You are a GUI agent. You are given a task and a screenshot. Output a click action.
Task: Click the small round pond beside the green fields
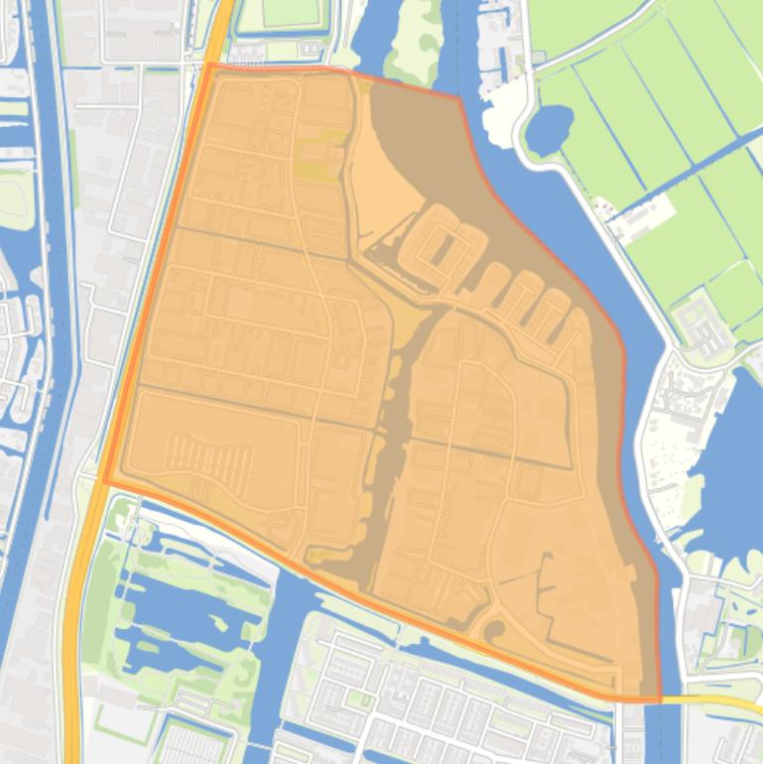point(549,129)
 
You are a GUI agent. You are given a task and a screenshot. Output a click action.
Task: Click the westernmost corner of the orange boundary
point(104,482)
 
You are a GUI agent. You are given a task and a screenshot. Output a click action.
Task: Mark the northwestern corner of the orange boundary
point(208,64)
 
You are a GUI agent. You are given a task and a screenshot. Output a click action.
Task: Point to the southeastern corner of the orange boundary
point(660,700)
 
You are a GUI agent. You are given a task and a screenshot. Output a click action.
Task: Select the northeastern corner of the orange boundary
point(459,97)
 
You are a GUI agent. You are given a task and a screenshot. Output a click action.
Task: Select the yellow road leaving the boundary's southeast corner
point(714,701)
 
